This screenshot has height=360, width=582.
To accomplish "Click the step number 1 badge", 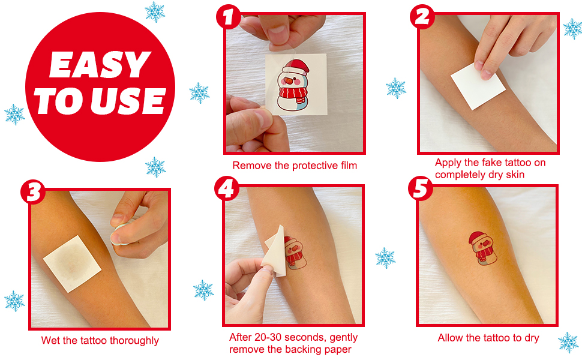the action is tap(228, 17).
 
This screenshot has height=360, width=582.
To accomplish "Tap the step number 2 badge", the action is tap(422, 17).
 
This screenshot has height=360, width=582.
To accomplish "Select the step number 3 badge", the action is tap(33, 192).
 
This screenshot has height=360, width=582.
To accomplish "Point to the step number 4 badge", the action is tap(226, 188).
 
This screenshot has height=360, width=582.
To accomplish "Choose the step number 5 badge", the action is tap(421, 188).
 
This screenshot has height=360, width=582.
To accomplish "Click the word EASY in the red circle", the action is tap(100, 65).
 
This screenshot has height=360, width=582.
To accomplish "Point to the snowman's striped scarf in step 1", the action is tap(293, 93).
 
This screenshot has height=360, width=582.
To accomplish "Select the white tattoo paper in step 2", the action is tap(478, 86).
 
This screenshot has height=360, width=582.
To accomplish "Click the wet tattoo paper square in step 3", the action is tap(72, 264).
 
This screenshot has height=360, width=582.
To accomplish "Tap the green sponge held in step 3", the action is tap(120, 235).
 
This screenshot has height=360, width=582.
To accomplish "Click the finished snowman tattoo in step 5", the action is tap(482, 248).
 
